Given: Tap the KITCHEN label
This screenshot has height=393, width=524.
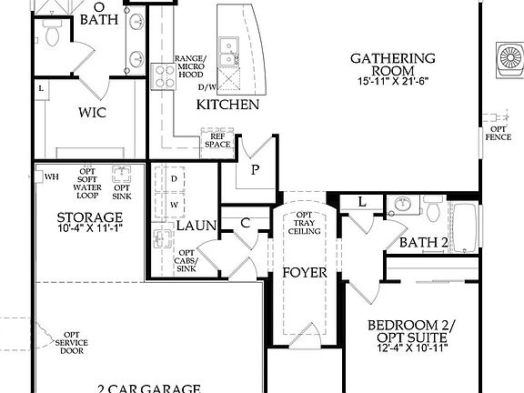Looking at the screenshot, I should pos(228,105).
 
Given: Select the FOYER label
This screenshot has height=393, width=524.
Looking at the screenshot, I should pos(304,273).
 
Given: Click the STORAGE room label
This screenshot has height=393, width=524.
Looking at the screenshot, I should pos(89,217).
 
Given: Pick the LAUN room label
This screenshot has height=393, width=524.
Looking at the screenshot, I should pos(195,225).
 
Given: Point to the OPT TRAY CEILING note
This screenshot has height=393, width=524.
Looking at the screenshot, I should pos(304,224).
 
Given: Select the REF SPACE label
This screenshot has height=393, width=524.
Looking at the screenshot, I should pos(218,141).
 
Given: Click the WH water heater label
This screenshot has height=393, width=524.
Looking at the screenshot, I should pos(52,176).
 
